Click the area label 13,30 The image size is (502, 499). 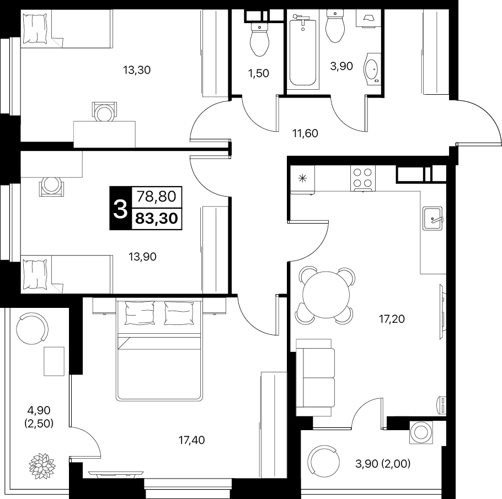[x=137, y=70]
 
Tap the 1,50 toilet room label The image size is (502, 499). [x=258, y=73]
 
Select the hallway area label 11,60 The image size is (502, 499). [x=305, y=133]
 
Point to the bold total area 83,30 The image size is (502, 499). [x=157, y=219]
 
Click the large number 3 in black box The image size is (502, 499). [x=120, y=208]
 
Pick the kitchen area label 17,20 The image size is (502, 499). [x=392, y=319]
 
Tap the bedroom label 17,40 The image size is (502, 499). [x=191, y=440]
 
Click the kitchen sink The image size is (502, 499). [x=432, y=218]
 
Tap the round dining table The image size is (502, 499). [x=327, y=295]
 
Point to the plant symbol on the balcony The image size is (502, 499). [x=42, y=464]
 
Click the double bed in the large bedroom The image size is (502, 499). [x=159, y=349]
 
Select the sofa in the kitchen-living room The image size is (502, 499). [x=316, y=378]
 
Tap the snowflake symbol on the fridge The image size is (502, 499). [x=302, y=178]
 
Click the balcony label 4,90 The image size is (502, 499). [x=39, y=410]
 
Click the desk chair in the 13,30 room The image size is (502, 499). [x=104, y=112]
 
